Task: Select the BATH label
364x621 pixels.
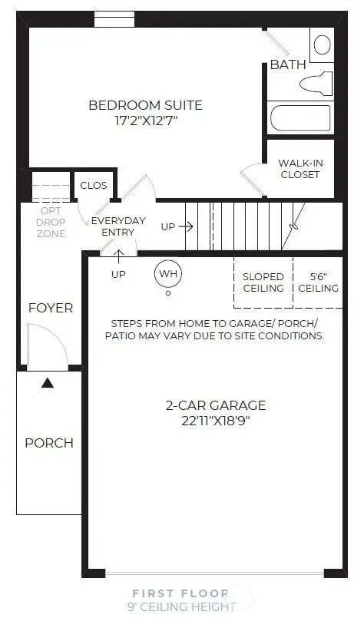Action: coord(288,65)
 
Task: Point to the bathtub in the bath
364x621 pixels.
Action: coord(300,119)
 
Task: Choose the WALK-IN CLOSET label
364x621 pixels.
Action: coord(299,168)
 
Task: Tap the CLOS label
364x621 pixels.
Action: coord(94,185)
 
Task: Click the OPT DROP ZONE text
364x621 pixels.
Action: coord(51,222)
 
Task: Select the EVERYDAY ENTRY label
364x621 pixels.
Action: coord(118,226)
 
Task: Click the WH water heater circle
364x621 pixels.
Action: coord(167,273)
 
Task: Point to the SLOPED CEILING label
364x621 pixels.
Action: coord(263,282)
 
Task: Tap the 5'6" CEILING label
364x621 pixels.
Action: coord(318,282)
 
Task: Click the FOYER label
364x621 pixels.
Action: coord(51,308)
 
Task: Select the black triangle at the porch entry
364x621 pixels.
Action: coord(48,382)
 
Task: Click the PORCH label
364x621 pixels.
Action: coord(49,443)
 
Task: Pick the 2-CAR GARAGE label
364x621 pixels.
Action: coord(216,405)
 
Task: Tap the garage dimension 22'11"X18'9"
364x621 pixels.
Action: coord(216,421)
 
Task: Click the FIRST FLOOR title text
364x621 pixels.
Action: coord(180,593)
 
